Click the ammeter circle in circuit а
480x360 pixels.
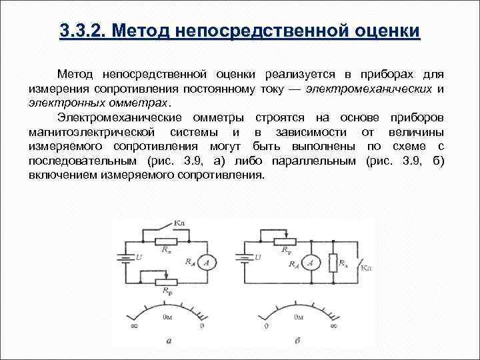point(209,265)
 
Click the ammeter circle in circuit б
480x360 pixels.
point(309,264)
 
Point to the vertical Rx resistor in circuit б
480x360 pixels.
point(333,263)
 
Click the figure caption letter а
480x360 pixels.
point(169,341)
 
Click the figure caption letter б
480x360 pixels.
point(296,341)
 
